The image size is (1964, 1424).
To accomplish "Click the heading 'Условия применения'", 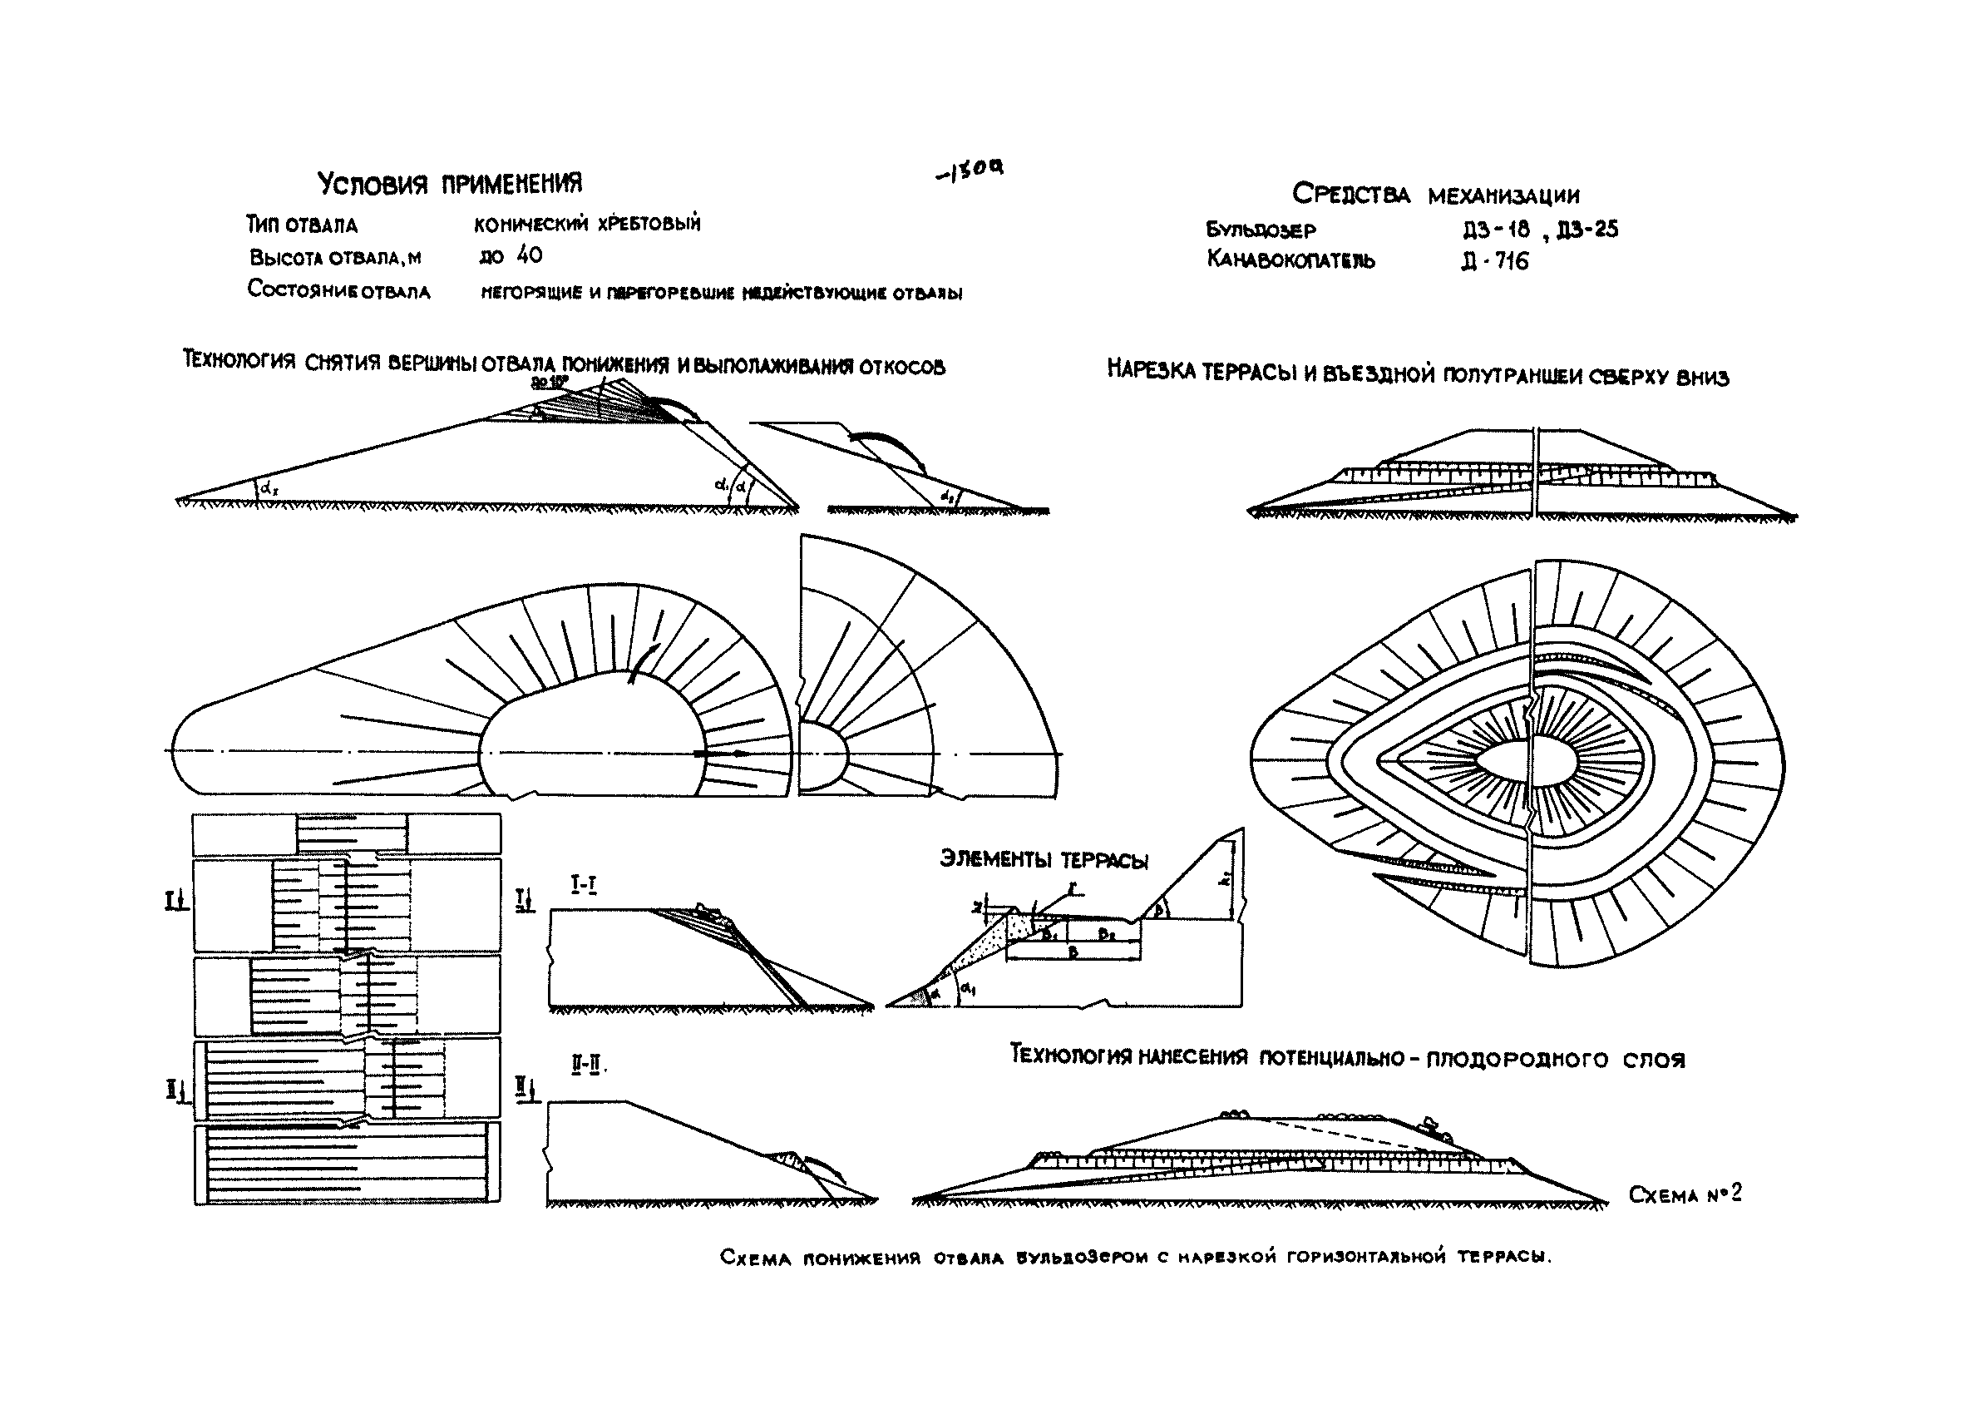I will pos(450,184).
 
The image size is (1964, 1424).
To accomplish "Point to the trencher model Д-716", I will pos(1496,260).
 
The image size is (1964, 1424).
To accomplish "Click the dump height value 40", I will pos(528,255).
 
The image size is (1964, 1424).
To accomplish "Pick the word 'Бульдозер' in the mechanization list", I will pos(1260,230).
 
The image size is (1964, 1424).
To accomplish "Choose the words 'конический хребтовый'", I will pos(587,224).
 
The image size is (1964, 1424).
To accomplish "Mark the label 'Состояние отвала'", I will pos(338,290).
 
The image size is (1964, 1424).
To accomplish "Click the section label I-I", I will pos(584,884).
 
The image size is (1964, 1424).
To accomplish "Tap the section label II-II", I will pos(586,1066).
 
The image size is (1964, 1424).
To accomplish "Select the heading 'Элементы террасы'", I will pos(1044,860).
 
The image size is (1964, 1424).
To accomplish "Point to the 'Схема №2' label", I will pos(1685,1195).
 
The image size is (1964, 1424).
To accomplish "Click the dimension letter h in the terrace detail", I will pos(1224,880).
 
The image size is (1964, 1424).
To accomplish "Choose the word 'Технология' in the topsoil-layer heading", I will pos(1067,1055).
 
